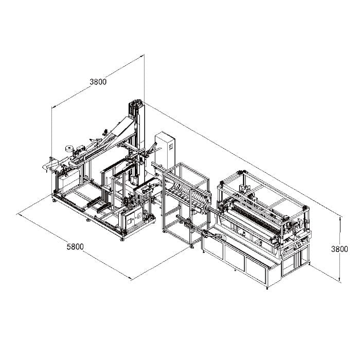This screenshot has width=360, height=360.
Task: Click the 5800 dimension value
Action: point(75,247)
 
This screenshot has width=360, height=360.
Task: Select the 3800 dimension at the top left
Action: point(98,82)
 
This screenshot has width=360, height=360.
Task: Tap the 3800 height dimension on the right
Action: point(339,249)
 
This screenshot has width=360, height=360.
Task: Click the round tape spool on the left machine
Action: point(69,149)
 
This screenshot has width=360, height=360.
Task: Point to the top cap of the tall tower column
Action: point(137,103)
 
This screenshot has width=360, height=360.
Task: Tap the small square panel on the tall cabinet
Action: point(171,147)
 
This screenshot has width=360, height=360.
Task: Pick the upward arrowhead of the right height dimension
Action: point(340,219)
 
